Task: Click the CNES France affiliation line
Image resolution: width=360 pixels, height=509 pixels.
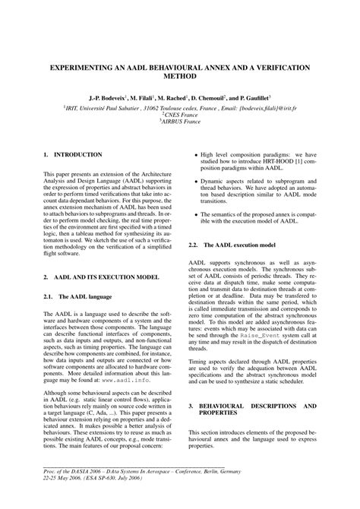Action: click(x=180, y=116)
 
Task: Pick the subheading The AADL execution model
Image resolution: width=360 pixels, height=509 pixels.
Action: click(x=237, y=245)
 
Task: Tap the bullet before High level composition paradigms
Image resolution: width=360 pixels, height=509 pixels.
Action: click(x=196, y=154)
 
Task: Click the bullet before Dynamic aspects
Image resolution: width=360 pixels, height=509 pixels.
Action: click(x=196, y=182)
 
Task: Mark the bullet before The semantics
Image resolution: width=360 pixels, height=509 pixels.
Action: click(x=196, y=211)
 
